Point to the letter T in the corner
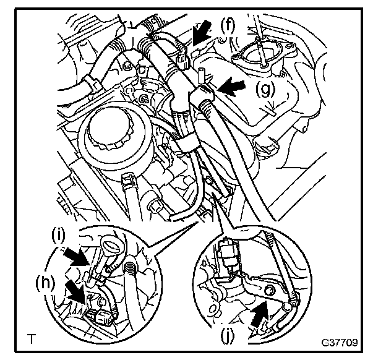pos(30,339)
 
